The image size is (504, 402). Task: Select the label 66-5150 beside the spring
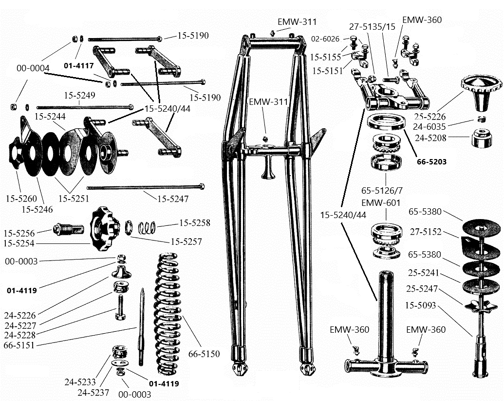point(205,354)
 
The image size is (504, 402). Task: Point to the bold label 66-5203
point(431,161)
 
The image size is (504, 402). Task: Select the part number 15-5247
point(172,199)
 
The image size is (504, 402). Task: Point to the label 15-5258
point(194,223)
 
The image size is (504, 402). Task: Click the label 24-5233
point(81,382)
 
